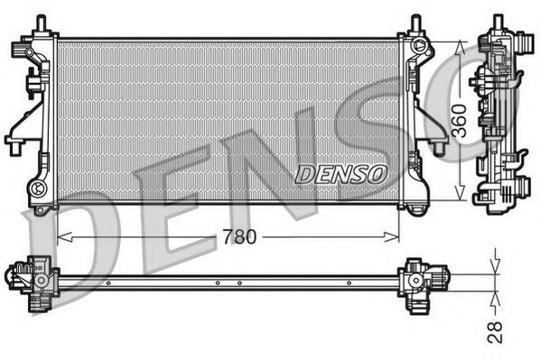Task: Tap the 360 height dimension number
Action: point(461,120)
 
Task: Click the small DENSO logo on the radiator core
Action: point(340,171)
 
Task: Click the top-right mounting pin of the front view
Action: point(414,23)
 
